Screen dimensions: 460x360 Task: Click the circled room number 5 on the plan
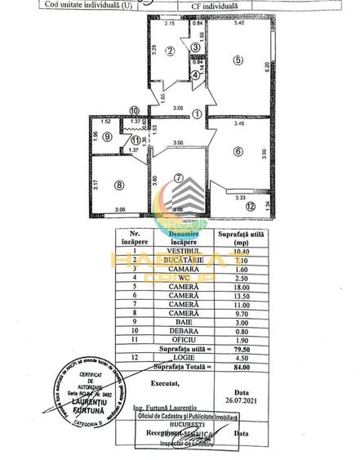click(237, 59)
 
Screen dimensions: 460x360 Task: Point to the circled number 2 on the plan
click(170, 51)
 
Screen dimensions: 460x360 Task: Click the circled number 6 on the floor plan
click(238, 150)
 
